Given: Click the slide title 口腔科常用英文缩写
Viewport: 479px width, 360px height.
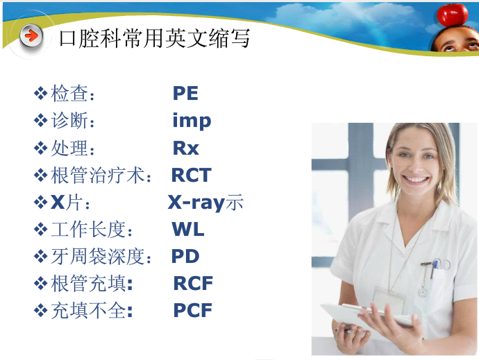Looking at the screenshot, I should (154, 37).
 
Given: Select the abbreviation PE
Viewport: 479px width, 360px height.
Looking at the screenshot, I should (185, 94).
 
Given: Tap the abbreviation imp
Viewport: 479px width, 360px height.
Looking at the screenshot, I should (192, 121).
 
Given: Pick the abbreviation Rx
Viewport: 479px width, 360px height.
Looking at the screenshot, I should (185, 148).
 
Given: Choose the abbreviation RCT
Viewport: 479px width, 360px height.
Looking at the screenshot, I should (191, 175).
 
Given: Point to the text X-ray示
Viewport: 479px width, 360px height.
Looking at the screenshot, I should (205, 203).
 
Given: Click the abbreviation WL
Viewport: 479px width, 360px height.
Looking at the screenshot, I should (188, 230).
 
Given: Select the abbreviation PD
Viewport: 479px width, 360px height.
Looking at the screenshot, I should (185, 257).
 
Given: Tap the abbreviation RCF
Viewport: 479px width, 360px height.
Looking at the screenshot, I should (193, 284).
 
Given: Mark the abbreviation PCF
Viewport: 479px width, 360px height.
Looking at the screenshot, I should (192, 311).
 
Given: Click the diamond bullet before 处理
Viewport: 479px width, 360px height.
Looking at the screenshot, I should (40, 148).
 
